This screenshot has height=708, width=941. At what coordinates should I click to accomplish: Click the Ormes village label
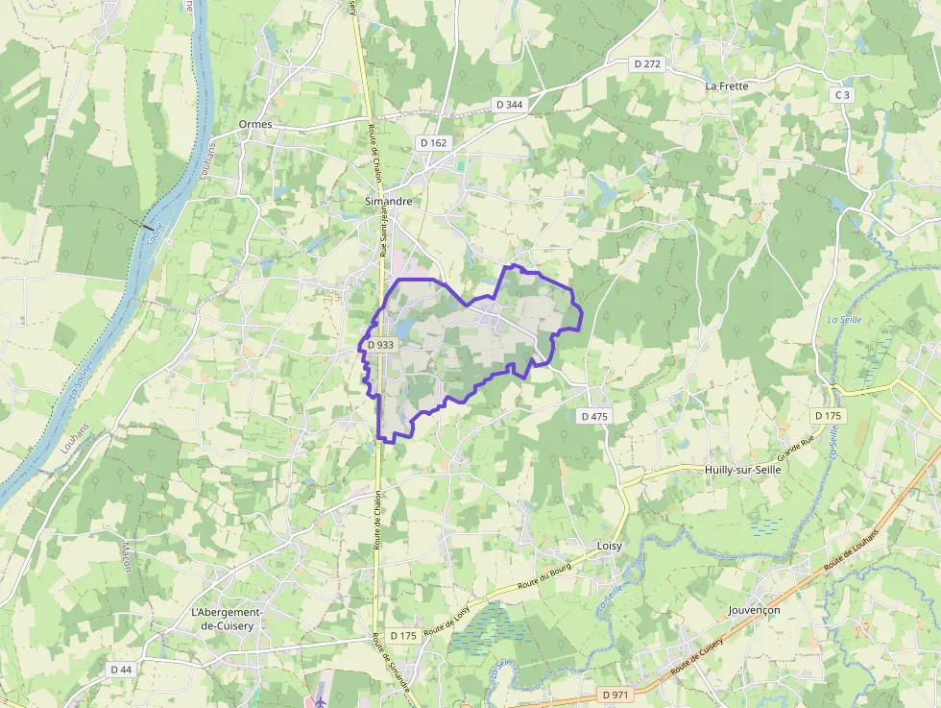255,124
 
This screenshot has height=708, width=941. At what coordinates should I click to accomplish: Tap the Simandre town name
389,202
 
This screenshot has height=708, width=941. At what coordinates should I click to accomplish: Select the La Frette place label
726,85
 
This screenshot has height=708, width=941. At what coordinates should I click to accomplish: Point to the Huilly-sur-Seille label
743,470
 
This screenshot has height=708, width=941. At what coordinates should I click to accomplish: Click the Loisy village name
610,546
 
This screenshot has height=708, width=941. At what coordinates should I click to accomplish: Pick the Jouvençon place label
755,610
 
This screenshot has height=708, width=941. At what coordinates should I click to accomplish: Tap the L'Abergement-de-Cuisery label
227,620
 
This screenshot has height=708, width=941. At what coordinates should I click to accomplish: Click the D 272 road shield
648,63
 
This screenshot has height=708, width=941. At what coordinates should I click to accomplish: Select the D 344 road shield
510,103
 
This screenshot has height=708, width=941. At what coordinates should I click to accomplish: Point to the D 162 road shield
434,142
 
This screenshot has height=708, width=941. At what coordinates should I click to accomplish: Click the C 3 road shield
842,94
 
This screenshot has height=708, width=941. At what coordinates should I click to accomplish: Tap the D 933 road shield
379,345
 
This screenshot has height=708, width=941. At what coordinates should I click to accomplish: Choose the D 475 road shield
594,416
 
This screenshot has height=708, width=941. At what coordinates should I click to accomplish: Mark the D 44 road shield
121,669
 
